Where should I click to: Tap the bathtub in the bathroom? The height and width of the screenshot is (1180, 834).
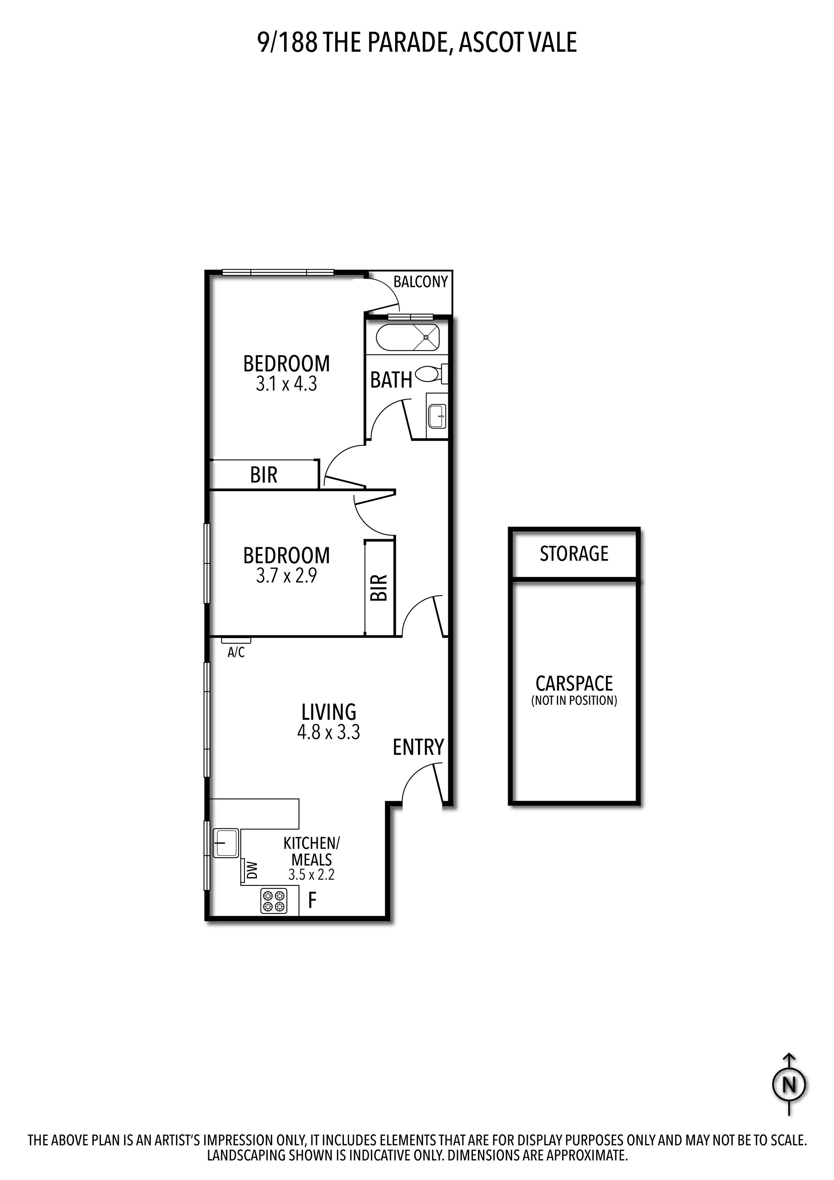[408, 338]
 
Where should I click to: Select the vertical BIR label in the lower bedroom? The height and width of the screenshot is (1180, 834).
[378, 587]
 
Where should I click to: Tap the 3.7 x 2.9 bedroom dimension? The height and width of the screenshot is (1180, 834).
[287, 576]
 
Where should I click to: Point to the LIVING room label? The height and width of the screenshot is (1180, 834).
[329, 712]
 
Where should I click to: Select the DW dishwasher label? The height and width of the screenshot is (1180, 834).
[252, 870]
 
